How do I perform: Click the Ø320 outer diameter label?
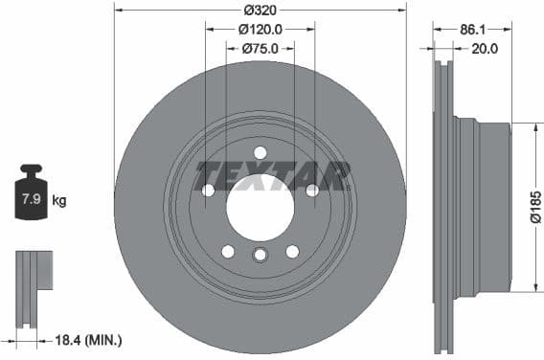click(260, 11)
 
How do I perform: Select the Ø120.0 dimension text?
click(260, 30)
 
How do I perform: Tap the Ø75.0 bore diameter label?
click(260, 48)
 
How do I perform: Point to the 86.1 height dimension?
click(471, 30)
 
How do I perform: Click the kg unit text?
click(59, 201)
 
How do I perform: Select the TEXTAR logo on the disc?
click(273, 175)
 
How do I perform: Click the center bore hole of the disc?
click(260, 207)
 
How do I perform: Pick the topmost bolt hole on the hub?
click(260, 153)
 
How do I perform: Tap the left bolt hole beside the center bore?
click(209, 190)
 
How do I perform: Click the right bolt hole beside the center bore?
click(311, 190)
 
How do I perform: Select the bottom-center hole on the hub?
click(260, 255)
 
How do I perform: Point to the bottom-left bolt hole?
click(228, 251)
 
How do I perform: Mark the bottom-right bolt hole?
click(292, 251)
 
